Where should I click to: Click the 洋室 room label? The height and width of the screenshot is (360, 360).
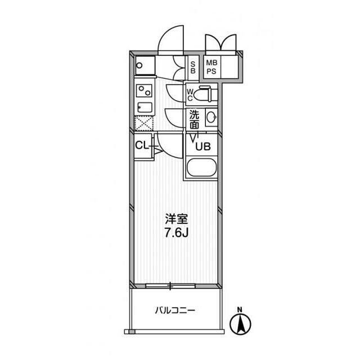pos(177,219)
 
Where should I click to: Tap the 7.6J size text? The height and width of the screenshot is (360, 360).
pos(176,233)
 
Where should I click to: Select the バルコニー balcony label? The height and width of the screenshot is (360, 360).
pos(175,310)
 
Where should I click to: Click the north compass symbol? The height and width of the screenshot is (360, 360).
pos(240,322)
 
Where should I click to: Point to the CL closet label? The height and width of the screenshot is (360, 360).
pos(142,145)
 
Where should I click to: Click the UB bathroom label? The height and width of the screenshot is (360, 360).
pos(203,146)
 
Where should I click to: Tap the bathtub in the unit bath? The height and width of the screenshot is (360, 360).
pos(201,167)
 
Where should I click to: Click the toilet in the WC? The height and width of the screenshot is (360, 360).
pos(203,94)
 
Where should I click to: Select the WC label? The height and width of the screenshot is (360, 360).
pos(190,95)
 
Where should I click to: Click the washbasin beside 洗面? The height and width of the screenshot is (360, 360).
pos(211,118)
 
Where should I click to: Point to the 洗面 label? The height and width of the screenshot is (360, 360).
pos(194,120)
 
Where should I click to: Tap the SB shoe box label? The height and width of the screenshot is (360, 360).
pos(193,68)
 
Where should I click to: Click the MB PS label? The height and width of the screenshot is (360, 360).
pos(211,67)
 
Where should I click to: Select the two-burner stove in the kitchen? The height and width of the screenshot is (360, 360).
pos(144,91)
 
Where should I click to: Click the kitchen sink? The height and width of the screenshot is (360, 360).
pos(145,107)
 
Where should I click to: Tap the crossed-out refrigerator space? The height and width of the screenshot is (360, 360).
pos(144,124)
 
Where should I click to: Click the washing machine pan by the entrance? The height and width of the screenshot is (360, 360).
pos(145,65)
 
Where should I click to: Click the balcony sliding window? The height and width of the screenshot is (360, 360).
pos(170,286)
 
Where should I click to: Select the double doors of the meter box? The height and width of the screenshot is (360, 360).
pos(220,43)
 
